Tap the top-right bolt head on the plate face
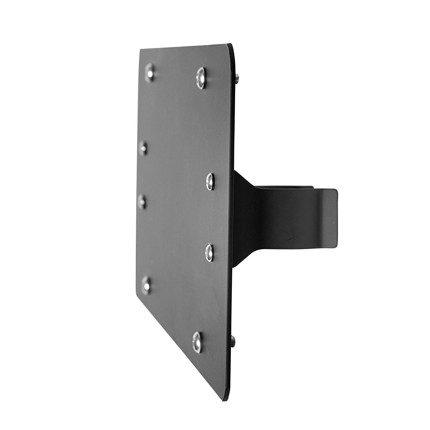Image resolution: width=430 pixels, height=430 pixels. tap(201, 75)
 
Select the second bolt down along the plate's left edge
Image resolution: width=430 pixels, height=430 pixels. tap(143, 148)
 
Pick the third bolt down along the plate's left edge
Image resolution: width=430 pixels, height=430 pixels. tap(142, 201)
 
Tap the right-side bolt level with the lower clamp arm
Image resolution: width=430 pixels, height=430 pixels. tap(211, 252)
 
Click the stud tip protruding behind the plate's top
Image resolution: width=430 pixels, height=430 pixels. tap(238, 78)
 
